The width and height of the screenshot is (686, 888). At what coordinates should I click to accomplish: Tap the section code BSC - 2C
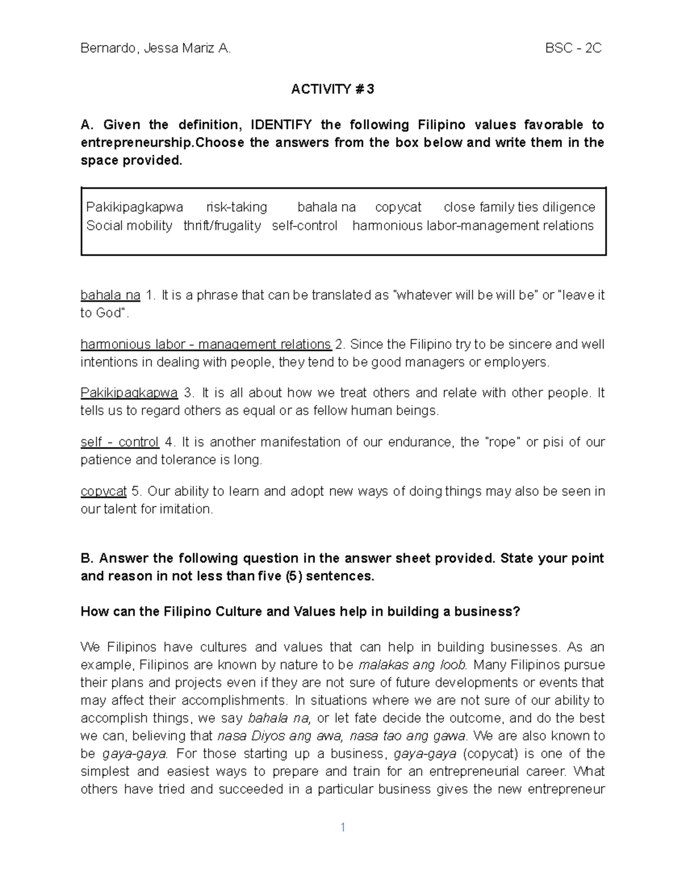573,48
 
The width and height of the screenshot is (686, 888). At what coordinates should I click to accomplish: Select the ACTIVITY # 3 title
333,89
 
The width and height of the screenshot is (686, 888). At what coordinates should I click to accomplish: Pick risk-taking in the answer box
237,207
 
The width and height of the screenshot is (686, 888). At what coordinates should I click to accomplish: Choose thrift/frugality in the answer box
222,226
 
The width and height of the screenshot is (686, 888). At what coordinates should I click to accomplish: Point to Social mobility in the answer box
129,226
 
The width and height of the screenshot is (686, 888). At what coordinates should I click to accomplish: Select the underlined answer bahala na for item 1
110,296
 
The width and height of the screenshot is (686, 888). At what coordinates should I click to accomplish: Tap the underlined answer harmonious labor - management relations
206,345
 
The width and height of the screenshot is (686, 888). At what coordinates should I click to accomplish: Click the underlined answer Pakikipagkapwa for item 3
129,393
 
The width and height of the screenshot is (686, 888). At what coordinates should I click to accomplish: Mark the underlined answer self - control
119,443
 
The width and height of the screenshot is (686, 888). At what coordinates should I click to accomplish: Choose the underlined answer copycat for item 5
103,492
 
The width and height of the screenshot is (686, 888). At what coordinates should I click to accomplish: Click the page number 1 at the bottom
342,827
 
